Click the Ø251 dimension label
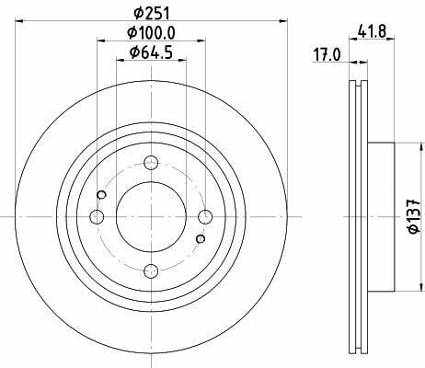click(x=152, y=14)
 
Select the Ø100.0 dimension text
click(x=152, y=33)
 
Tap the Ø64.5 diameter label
click(x=152, y=52)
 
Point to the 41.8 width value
click(x=372, y=31)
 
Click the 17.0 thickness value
click(x=327, y=55)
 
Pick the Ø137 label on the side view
click(x=414, y=216)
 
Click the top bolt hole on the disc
click(x=151, y=163)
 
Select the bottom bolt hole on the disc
click(x=151, y=270)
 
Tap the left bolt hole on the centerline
click(x=97, y=216)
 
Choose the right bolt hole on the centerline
click(x=205, y=216)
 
